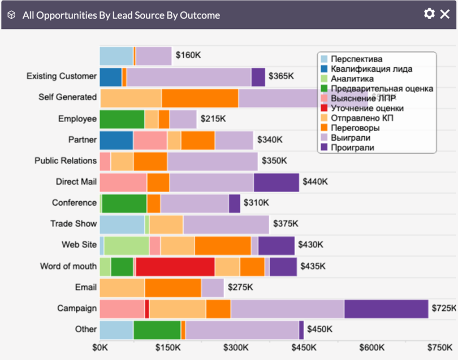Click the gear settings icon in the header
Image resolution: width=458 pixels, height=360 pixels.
[x=429, y=14]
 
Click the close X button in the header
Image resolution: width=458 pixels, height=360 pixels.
[x=445, y=14]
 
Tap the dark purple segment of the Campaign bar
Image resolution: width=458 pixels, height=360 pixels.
[x=386, y=309]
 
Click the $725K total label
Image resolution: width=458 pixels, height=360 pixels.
[x=444, y=309]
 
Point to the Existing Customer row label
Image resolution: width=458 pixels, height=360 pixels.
[x=62, y=76]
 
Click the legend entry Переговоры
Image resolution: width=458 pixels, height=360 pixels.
[x=355, y=128]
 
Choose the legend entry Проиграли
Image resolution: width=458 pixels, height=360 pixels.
[x=352, y=148]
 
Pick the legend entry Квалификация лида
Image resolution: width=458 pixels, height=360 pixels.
[x=371, y=69]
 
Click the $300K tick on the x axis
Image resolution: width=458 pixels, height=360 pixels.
[x=235, y=346]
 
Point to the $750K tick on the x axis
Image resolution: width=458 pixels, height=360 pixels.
[x=438, y=346]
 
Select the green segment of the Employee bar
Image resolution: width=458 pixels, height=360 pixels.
[x=122, y=119]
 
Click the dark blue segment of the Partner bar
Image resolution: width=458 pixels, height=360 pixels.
[x=116, y=140]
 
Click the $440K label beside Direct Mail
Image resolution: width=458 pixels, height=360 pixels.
[x=315, y=182]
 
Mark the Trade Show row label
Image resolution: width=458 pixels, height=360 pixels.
[x=74, y=224]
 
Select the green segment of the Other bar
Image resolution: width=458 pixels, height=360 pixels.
[x=157, y=330]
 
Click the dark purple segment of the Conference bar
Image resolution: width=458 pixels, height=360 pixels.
[x=234, y=203]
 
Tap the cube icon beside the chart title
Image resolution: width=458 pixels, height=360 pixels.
[x=11, y=15]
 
